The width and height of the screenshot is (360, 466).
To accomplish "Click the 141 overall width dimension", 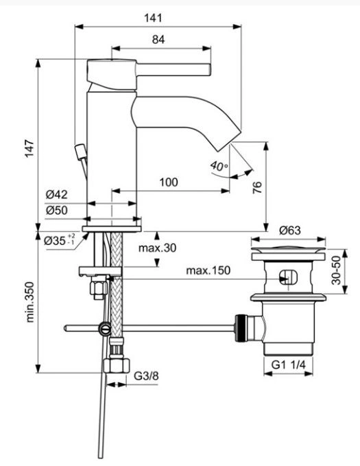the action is click(154, 18).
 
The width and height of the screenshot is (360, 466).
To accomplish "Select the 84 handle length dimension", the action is click(158, 39).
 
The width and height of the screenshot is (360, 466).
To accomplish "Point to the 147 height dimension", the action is click(29, 148).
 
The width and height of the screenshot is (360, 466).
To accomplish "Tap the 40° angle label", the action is click(219, 166).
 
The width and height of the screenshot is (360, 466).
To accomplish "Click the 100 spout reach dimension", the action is click(169, 182).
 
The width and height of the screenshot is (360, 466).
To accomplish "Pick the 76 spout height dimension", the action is click(257, 187).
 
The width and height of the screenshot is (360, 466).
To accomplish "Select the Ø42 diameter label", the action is click(57, 195).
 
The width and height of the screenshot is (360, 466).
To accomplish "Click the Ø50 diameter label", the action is click(57, 211).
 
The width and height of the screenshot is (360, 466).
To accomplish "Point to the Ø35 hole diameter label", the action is click(60, 240).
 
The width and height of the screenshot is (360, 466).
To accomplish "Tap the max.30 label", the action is click(158, 248).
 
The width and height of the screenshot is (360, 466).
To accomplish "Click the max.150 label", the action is click(208, 270).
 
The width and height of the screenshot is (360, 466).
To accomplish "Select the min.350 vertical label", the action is click(30, 302).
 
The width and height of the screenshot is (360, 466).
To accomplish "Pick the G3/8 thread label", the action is click(146, 376).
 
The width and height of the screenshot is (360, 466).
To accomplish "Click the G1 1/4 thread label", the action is click(289, 364).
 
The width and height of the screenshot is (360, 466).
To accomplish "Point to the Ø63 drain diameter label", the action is click(290, 231).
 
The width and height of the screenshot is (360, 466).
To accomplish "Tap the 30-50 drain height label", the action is click(337, 270).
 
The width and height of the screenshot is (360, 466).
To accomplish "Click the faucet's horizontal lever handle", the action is click(173, 69).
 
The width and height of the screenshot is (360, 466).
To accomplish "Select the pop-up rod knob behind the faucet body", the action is click(80, 152).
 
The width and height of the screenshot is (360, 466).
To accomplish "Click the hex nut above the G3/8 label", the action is click(117, 366).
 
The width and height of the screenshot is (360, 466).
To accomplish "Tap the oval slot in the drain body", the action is click(289, 277).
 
